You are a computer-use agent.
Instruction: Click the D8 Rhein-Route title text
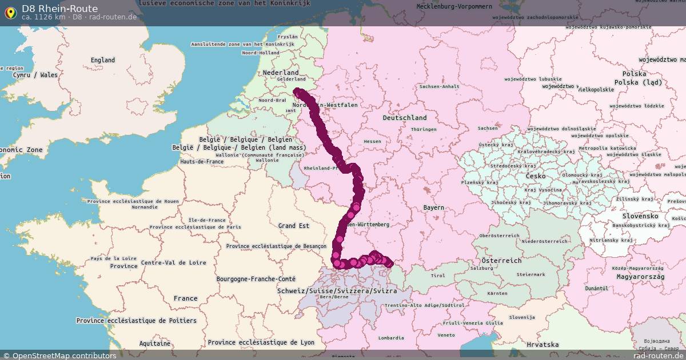coord(59,9)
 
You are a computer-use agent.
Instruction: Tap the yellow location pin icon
coord(10,12)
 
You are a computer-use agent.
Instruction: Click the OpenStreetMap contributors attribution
coord(63,355)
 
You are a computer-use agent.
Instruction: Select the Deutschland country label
coord(405,118)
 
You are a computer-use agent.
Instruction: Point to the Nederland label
coord(281,73)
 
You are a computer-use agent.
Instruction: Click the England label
coord(103,60)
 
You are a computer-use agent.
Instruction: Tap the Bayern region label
coord(433,207)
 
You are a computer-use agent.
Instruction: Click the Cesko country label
coord(535,177)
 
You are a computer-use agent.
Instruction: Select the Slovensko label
coord(640,216)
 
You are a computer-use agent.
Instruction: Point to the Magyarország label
coord(640,277)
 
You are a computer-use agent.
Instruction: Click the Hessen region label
coord(372,141)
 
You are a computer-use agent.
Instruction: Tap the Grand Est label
coord(294,226)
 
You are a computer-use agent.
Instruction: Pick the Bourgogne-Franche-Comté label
coord(256,279)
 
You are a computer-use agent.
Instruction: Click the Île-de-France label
coord(207,220)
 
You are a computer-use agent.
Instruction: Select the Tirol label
coord(438,275)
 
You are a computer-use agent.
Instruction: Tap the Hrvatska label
coord(543,345)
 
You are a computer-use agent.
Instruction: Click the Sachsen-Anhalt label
coord(439,87)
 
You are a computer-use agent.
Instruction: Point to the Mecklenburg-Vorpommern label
coord(454,6)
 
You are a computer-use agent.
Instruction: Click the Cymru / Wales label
coord(35,75)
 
